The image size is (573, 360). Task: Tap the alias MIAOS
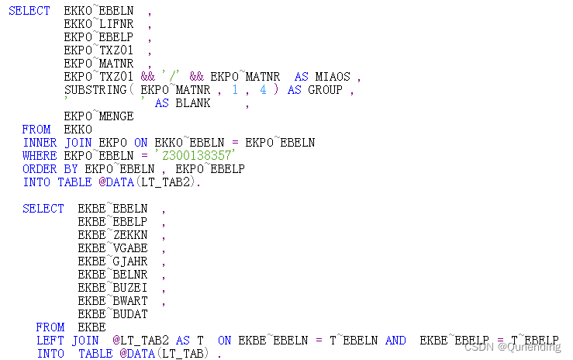click(333, 77)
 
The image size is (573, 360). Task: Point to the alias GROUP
click(326, 90)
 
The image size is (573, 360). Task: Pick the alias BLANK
click(193, 103)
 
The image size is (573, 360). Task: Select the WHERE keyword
click(40, 156)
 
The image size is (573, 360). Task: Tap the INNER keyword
click(40, 143)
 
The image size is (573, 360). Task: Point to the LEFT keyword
click(50, 340)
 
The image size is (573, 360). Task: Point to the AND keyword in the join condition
click(395, 340)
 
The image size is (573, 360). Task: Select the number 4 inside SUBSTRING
click(264, 90)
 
